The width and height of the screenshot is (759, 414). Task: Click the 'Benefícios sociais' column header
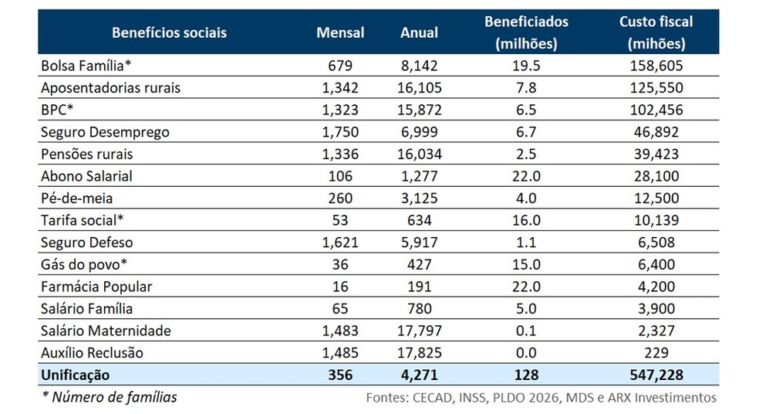(x=169, y=33)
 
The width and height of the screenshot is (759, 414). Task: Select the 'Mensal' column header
(x=340, y=33)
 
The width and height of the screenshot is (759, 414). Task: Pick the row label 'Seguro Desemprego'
(x=105, y=132)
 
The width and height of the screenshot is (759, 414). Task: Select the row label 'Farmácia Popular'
(x=96, y=287)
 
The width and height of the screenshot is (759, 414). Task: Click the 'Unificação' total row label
(x=76, y=375)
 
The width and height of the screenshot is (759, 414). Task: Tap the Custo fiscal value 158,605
(x=656, y=66)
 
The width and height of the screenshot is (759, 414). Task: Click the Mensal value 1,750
(x=340, y=132)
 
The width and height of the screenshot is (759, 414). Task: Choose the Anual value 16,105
(x=419, y=88)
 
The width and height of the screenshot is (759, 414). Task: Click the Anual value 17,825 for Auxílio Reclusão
(x=419, y=353)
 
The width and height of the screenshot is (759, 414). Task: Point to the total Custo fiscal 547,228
(x=656, y=375)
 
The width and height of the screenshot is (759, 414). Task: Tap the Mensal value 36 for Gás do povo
(x=340, y=265)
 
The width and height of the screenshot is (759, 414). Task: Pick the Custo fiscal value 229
(x=656, y=353)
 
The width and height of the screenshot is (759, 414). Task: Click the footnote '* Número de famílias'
(x=109, y=397)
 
